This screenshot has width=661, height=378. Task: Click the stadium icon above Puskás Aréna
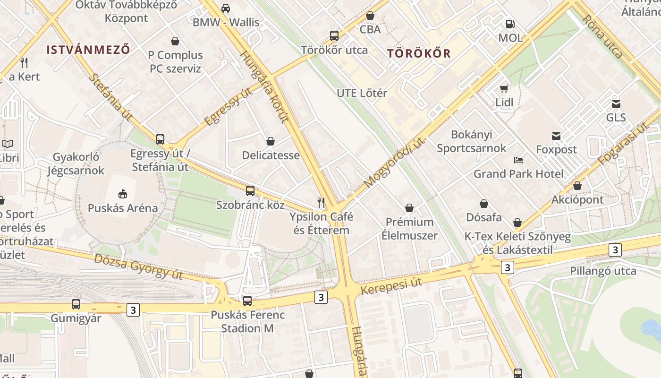pyautogui.click(x=122, y=193)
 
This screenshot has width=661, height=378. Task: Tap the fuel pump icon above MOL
pyautogui.click(x=510, y=24)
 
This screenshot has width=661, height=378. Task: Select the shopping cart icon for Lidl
pyautogui.click(x=504, y=88)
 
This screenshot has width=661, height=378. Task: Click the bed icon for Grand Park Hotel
pyautogui.click(x=518, y=160)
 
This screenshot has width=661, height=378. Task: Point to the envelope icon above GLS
pyautogui.click(x=616, y=103)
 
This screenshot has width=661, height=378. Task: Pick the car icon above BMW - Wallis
pyautogui.click(x=226, y=8)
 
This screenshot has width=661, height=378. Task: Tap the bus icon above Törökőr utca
pyautogui.click(x=334, y=35)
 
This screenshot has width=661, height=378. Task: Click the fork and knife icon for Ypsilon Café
pyautogui.click(x=321, y=203)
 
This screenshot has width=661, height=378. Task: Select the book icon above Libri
pyautogui.click(x=8, y=144)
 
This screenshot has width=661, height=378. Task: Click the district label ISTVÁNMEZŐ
pyautogui.click(x=88, y=50)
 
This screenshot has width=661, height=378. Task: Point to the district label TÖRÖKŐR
pyautogui.click(x=419, y=53)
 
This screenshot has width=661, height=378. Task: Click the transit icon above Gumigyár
pyautogui.click(x=76, y=304)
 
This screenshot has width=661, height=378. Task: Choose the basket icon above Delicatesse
pyautogui.click(x=271, y=141)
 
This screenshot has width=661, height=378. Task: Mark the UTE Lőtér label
pyautogui.click(x=362, y=93)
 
